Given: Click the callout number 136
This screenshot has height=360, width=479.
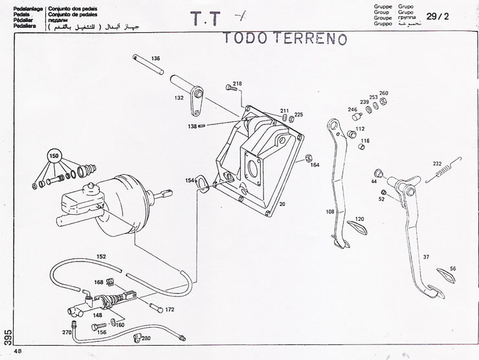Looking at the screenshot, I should click(155, 59).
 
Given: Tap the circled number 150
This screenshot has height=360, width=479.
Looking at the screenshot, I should click(54, 157).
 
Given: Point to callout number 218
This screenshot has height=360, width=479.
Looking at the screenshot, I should click(237, 84).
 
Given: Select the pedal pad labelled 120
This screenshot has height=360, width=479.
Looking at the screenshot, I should click(354, 226).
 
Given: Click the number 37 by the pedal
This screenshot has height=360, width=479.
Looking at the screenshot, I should click(426, 257).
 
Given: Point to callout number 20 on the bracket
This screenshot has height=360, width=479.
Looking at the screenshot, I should click(282, 203).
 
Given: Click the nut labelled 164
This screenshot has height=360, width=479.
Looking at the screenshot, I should click(309, 157).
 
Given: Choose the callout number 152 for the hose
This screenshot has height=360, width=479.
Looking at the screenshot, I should click(101, 256).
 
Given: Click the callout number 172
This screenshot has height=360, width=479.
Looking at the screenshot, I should click(170, 309).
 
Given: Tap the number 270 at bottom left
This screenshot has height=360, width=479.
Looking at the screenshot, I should click(67, 332).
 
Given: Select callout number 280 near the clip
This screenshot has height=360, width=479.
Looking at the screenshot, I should click(146, 338).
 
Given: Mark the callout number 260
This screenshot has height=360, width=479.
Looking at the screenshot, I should click(384, 93).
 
